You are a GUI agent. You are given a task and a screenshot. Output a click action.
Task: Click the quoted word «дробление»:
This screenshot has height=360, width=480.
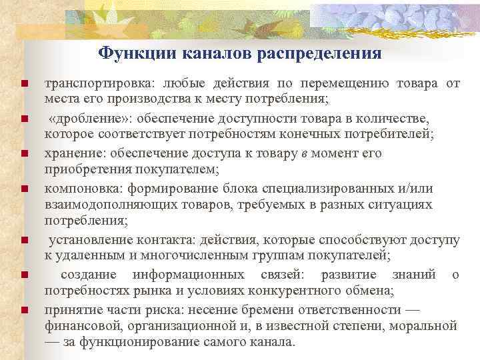84,118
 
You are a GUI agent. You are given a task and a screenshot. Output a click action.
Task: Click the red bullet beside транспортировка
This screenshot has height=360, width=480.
24,84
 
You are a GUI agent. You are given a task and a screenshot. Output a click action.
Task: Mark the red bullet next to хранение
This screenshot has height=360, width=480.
24,153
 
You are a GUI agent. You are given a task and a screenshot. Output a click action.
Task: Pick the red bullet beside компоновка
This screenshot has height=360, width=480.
24,189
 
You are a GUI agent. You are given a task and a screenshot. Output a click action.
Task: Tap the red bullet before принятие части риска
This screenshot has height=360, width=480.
24,310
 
